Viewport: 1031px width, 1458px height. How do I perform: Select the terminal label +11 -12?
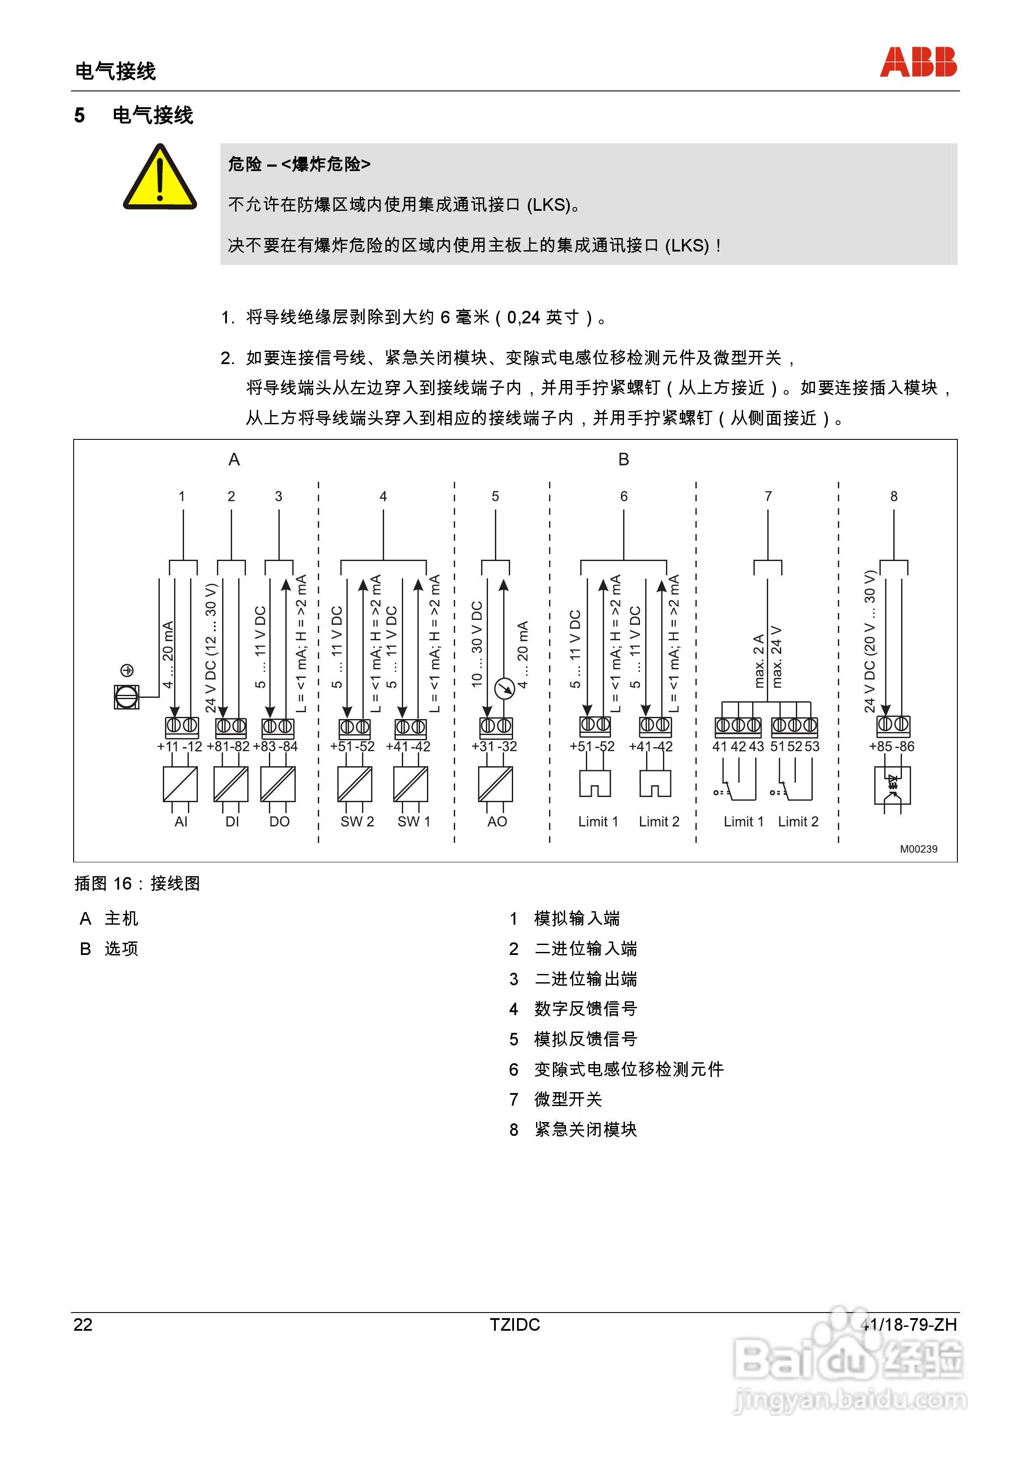(179, 747)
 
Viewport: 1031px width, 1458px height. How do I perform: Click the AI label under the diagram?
(181, 822)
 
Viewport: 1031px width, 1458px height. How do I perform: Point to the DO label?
(279, 822)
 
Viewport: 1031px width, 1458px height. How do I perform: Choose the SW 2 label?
(357, 822)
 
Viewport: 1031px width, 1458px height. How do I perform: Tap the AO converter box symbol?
(495, 784)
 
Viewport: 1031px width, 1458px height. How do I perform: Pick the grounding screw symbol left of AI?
(126, 697)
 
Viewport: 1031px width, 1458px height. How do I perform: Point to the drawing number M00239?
(918, 849)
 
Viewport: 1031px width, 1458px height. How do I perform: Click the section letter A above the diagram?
(234, 460)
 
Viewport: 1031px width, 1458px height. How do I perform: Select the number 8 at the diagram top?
(894, 497)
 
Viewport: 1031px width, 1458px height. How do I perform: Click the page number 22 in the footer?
(83, 1325)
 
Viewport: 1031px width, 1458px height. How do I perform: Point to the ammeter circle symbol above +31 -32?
(504, 688)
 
